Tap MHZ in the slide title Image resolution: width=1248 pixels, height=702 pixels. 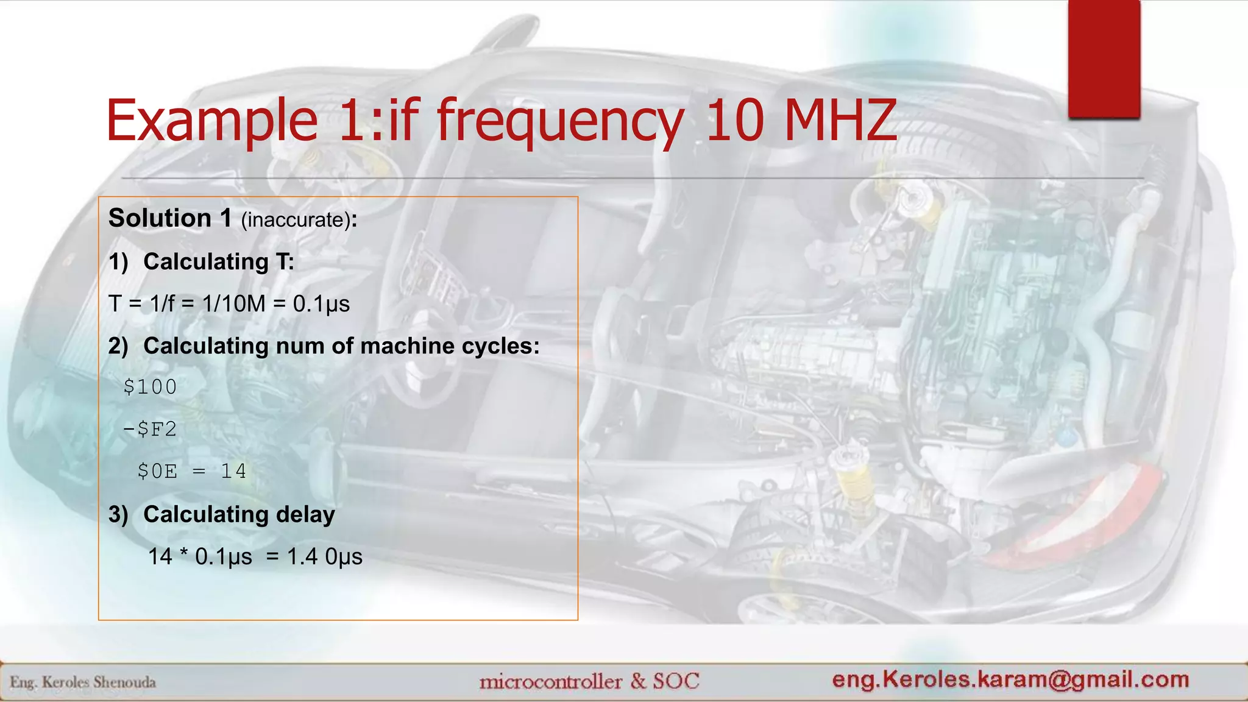coord(840,121)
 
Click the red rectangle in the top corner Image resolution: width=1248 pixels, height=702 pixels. coord(1104,58)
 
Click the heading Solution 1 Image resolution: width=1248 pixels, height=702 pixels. coord(170,218)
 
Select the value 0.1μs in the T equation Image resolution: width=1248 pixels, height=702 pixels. coord(321,303)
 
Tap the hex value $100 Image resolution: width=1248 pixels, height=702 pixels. coord(150,387)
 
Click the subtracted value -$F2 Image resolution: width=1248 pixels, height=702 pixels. coord(150,429)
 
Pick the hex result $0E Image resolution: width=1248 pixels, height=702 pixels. coord(157,471)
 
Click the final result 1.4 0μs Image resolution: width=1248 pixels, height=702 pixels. coord(324,556)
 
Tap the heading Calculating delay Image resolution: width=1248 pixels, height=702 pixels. coord(239,514)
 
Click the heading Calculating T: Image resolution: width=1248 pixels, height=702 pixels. coord(218,261)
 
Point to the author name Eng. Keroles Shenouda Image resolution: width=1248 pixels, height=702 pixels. coord(83,682)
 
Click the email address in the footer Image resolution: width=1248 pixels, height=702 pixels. coord(1010,679)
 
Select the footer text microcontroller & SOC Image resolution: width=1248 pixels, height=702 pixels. coord(589,681)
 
